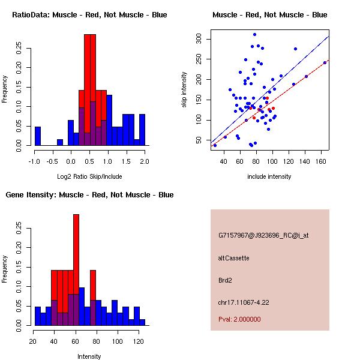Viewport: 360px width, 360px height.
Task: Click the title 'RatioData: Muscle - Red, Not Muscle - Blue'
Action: [89, 14]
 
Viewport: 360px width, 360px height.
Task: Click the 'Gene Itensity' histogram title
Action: [89, 195]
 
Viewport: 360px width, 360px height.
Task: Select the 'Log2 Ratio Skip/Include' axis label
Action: [89, 177]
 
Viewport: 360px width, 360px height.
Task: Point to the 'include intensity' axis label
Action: [269, 177]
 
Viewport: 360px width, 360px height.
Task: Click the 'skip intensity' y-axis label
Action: [184, 90]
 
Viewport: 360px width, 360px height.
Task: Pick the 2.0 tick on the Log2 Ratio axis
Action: [145, 161]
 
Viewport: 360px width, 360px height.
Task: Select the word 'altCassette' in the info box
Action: [233, 258]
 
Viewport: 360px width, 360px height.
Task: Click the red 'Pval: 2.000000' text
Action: [239, 319]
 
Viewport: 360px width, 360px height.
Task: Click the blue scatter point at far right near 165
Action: [325, 62]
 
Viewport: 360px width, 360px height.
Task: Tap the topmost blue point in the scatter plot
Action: [254, 35]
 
